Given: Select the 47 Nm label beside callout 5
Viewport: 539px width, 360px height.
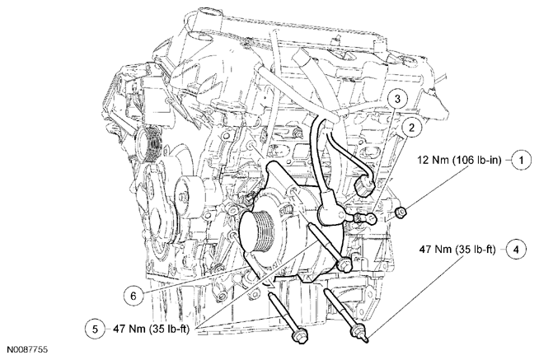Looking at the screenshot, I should click(152, 329).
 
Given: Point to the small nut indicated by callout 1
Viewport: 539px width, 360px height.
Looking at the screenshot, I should click(401, 213).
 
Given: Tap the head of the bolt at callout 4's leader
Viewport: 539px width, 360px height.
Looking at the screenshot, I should click(361, 333).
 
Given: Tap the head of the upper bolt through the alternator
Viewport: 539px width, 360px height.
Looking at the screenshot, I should click(344, 265).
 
